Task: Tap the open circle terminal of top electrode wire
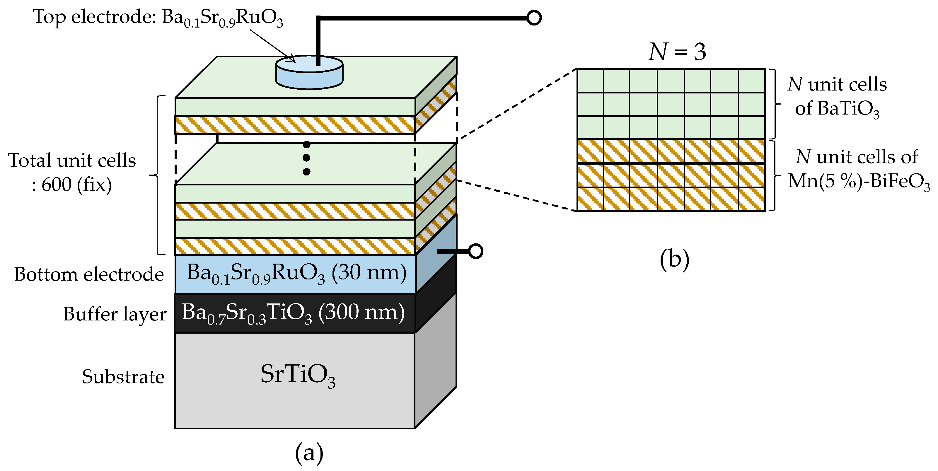click(x=534, y=18)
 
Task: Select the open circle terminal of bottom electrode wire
click(x=475, y=251)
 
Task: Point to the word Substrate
click(x=123, y=377)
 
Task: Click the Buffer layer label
click(x=114, y=314)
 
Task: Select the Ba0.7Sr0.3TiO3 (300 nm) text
click(x=293, y=313)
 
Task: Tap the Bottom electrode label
click(x=89, y=274)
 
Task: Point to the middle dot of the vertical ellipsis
click(x=307, y=158)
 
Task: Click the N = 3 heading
click(x=677, y=52)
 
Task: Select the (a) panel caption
click(x=309, y=453)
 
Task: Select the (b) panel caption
click(x=674, y=260)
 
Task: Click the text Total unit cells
click(x=72, y=161)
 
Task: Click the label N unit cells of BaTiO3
click(x=837, y=96)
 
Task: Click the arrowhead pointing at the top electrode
click(x=291, y=59)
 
